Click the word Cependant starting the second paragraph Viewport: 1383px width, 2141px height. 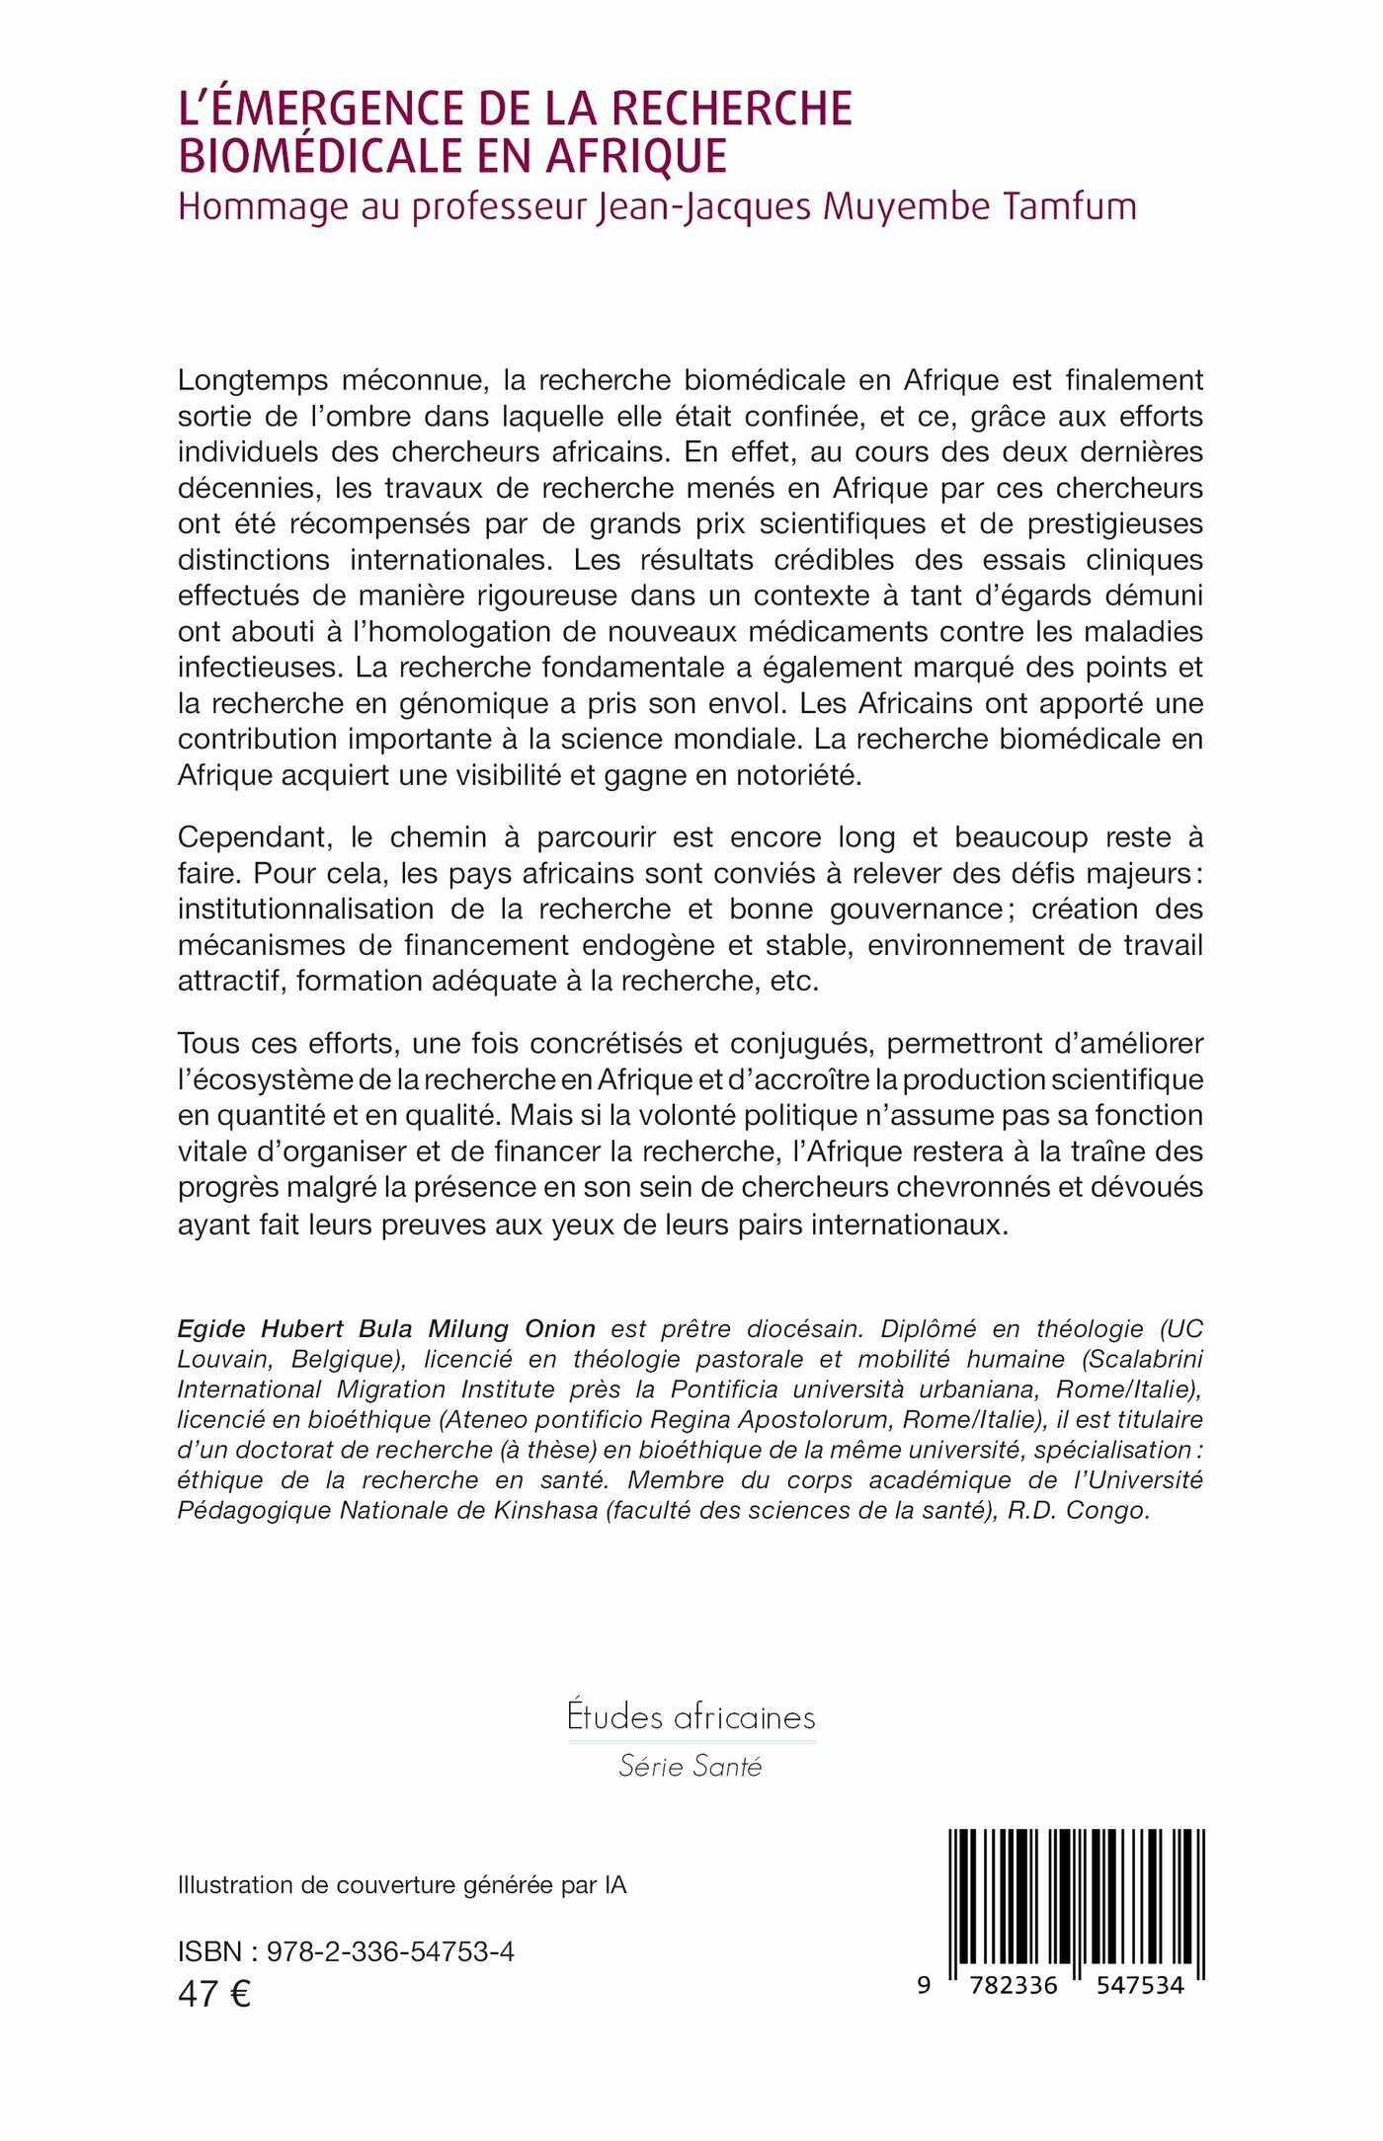click(x=254, y=837)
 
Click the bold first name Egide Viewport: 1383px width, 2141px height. click(x=211, y=1329)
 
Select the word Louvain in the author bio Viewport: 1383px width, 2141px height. click(x=225, y=1360)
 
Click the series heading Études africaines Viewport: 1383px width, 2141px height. click(x=691, y=1716)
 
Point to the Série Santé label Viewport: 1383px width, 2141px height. click(x=691, y=1766)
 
